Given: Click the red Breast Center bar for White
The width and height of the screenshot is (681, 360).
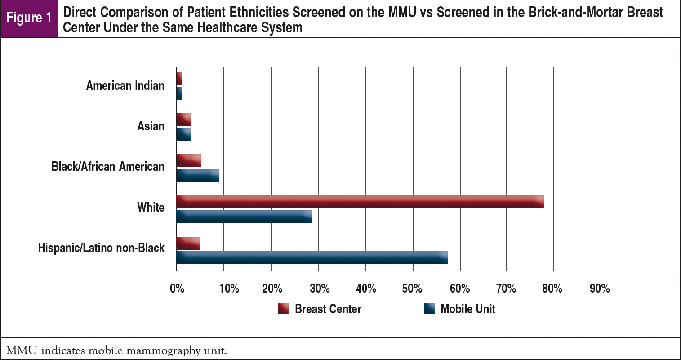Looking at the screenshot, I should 360,202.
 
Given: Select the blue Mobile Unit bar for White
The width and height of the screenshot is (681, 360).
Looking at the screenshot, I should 244,216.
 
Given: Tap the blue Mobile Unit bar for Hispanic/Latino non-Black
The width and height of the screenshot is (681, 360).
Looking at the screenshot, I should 312,258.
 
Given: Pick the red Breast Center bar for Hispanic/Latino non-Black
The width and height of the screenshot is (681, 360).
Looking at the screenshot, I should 188,243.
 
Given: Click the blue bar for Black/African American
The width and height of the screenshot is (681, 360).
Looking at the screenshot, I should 198,175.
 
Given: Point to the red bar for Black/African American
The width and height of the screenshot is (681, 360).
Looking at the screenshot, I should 189,160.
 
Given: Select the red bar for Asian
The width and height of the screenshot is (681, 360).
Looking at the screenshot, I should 184,120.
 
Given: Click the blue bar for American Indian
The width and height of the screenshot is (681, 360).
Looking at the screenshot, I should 179,93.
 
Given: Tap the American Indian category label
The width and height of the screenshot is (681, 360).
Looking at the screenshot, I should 125,85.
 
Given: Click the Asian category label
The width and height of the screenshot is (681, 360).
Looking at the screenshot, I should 151,126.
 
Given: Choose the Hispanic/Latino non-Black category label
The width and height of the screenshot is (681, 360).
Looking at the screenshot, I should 101,248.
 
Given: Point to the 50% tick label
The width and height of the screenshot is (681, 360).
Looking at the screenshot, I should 412,289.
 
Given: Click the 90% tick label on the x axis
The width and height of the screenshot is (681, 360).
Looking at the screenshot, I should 600,289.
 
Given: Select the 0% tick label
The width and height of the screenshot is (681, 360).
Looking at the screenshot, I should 177,289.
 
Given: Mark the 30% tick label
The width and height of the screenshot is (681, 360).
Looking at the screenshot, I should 319,289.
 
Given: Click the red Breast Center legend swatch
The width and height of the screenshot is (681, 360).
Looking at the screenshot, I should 284,309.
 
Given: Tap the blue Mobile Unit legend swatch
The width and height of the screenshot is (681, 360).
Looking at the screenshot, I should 429,309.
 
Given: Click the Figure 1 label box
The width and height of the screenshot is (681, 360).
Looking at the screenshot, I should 29,18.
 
